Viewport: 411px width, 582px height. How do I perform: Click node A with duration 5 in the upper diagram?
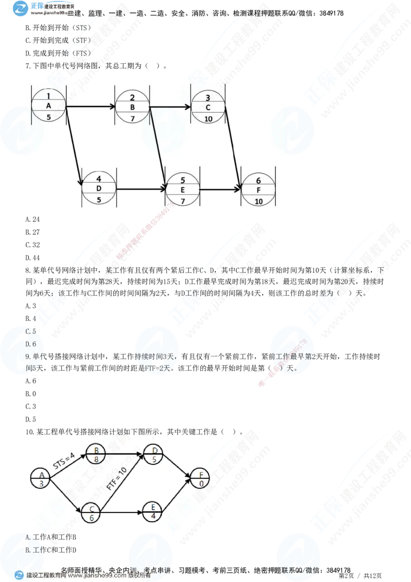pyautogui.click(x=49, y=106)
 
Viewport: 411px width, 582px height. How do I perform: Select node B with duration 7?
pyautogui.click(x=132, y=107)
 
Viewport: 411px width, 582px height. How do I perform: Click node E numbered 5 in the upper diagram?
pyautogui.click(x=182, y=190)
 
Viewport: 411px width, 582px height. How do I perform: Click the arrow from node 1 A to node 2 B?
pyautogui.click(x=91, y=107)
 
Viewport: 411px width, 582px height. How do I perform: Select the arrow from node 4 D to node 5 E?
pyautogui.click(x=141, y=190)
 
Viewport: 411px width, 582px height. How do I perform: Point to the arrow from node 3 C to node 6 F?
pyautogui.click(x=234, y=149)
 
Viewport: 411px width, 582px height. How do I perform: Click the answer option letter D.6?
pyautogui.click(x=30, y=344)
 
